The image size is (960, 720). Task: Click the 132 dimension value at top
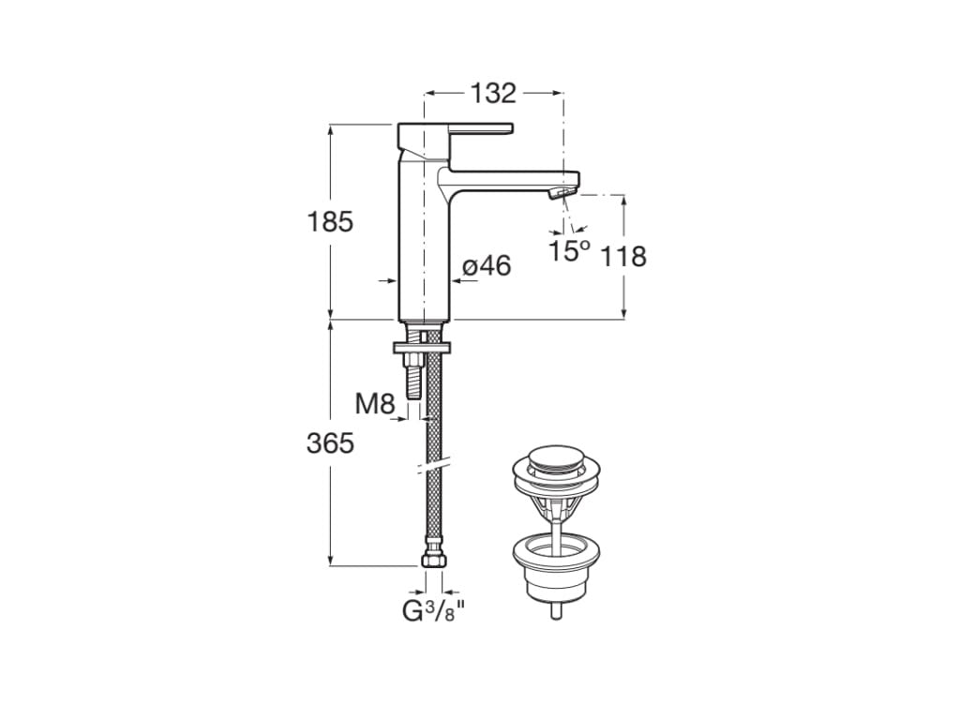(x=493, y=93)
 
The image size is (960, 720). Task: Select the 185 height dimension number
(x=330, y=222)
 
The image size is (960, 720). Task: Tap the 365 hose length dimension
(x=330, y=442)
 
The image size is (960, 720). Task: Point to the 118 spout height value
(x=623, y=255)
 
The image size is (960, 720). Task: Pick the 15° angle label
(x=569, y=250)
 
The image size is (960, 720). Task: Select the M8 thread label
(x=375, y=404)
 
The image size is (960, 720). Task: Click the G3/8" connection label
(x=433, y=611)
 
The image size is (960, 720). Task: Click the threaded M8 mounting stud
(x=410, y=380)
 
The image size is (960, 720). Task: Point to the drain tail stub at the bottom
(x=557, y=610)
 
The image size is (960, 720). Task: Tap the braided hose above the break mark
(x=432, y=412)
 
